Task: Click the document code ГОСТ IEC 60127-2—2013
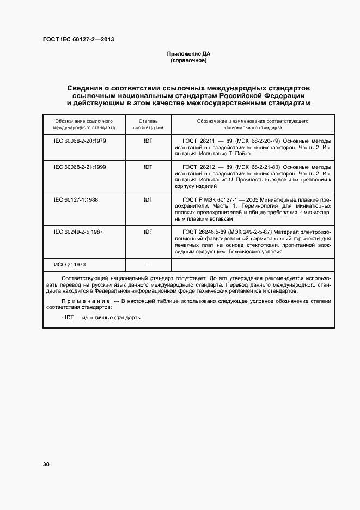click(x=78, y=39)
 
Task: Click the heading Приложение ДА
click(x=188, y=53)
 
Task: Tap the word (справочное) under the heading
click(x=188, y=60)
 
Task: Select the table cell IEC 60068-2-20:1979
click(x=80, y=141)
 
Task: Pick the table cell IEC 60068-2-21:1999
click(x=80, y=167)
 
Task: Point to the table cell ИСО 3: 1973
click(x=70, y=265)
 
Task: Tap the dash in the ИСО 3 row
click(x=148, y=265)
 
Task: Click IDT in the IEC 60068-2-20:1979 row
click(x=148, y=141)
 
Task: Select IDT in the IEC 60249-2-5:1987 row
click(x=148, y=232)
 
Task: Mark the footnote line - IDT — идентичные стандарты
click(x=99, y=317)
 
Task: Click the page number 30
click(x=46, y=464)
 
